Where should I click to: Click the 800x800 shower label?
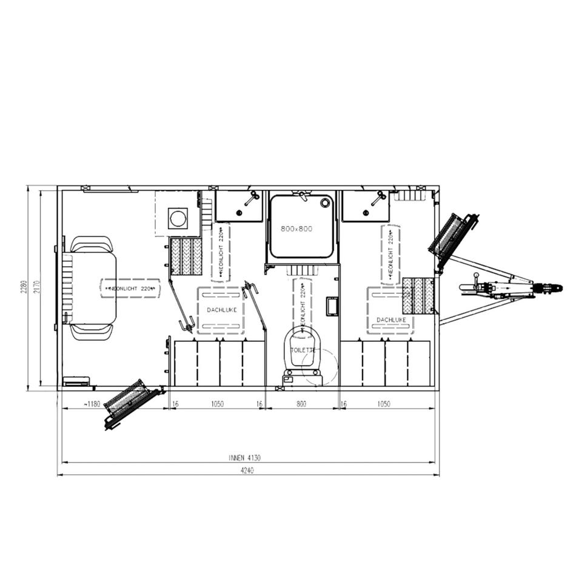click(296, 229)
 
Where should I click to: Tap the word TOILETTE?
click(303, 350)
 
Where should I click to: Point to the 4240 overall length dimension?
click(247, 470)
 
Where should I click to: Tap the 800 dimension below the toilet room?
click(301, 404)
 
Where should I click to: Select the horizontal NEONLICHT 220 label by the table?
click(130, 289)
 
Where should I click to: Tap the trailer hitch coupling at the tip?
click(553, 288)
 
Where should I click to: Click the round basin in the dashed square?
click(178, 218)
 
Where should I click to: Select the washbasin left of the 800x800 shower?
click(239, 206)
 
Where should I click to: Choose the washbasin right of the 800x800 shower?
click(366, 206)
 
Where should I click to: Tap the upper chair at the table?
click(92, 244)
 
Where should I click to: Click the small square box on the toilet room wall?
click(332, 306)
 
